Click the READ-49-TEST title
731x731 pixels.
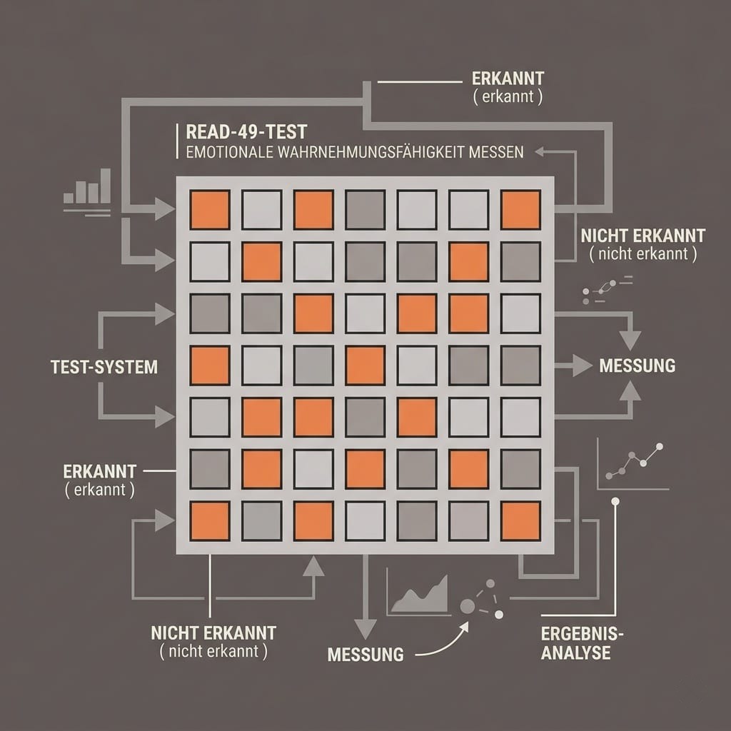pyautogui.click(x=246, y=132)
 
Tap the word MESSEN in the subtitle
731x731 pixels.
pyautogui.click(x=496, y=153)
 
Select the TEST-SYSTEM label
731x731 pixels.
pyautogui.click(x=104, y=367)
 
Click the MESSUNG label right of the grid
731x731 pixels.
pyautogui.click(x=637, y=365)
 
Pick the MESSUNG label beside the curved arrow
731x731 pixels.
pyautogui.click(x=365, y=655)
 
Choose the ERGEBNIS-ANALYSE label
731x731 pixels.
pyautogui.click(x=582, y=643)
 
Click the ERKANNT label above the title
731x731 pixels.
pyautogui.click(x=508, y=79)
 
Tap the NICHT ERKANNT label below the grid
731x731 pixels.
pyautogui.click(x=213, y=633)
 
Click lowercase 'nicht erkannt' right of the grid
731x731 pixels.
pyautogui.click(x=643, y=254)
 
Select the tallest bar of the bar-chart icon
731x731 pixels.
pyautogui.click(x=106, y=186)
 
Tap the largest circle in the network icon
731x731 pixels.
pyautogui.click(x=468, y=606)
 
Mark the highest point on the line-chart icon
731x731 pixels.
pyautogui.click(x=659, y=447)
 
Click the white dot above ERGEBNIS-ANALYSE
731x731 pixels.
pyautogui.click(x=615, y=502)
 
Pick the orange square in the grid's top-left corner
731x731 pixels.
pyautogui.click(x=210, y=210)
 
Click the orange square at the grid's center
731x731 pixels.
pyautogui.click(x=365, y=365)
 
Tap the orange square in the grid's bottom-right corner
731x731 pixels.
pyautogui.click(x=520, y=520)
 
